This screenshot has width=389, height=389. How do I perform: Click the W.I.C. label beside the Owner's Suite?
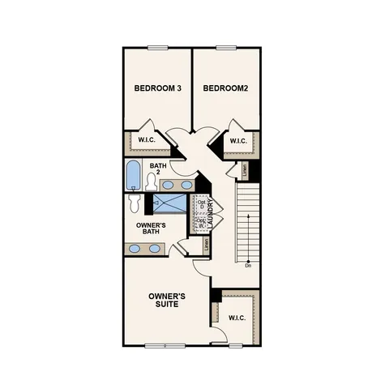[x=237, y=318]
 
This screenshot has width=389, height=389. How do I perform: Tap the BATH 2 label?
[x=158, y=169]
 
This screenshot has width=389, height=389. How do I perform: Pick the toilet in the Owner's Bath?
[x=135, y=202]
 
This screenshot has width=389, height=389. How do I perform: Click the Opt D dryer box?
[x=200, y=204]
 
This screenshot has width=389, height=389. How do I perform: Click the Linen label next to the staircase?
[x=244, y=170]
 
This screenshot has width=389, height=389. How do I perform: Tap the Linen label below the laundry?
[x=207, y=243]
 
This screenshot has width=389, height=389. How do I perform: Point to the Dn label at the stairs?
[x=247, y=266]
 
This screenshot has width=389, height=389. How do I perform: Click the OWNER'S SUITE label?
[x=168, y=301]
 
